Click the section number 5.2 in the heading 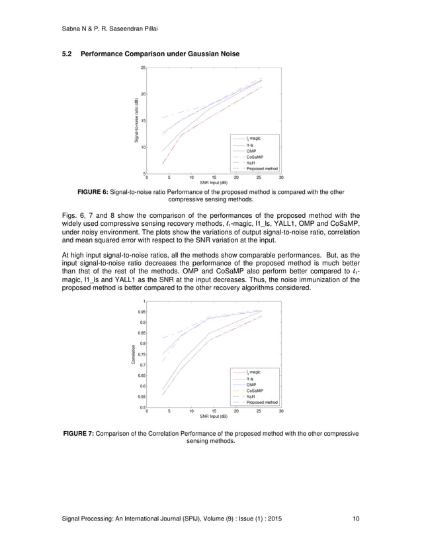[67, 52]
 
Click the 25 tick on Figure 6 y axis [142, 68]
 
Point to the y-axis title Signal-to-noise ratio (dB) [136, 121]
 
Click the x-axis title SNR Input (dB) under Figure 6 [214, 182]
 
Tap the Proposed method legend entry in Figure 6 [262, 169]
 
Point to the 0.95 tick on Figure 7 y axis [141, 311]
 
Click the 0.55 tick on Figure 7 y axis [141, 396]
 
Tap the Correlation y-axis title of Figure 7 [133, 355]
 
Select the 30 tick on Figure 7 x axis [281, 411]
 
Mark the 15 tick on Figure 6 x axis [214, 177]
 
